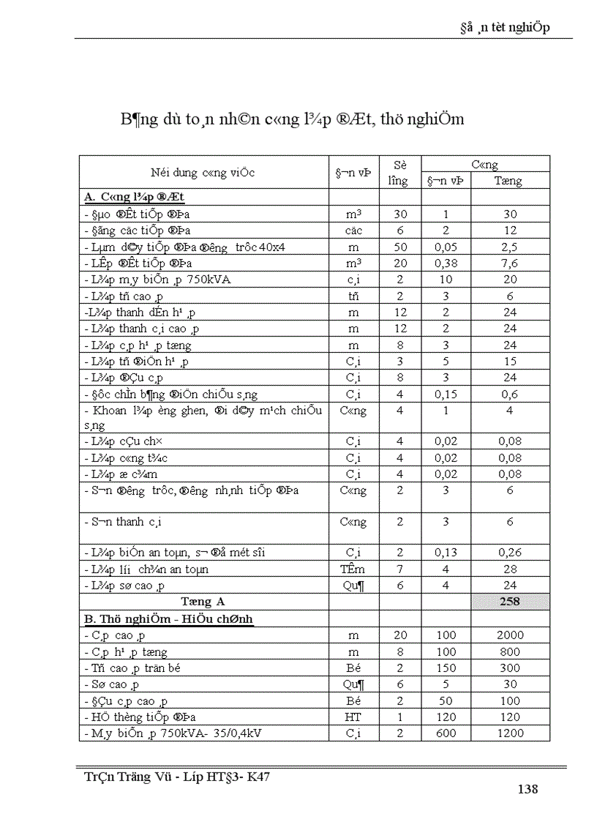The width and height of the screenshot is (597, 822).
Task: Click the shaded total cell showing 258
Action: [x=510, y=601]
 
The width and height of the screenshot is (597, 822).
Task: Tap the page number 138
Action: [x=527, y=788]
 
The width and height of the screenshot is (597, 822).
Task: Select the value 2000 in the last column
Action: [x=510, y=635]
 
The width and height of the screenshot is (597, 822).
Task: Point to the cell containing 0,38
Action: [x=446, y=263]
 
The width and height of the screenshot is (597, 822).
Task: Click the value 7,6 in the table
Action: [x=510, y=263]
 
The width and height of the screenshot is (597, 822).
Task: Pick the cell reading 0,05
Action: [x=446, y=247]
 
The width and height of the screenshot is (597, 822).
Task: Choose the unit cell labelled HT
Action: [x=353, y=717]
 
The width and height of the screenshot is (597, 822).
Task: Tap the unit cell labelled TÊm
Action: [x=353, y=569]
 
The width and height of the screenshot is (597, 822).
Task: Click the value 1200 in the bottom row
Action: [x=510, y=733]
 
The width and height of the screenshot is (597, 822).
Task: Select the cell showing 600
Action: [x=446, y=733]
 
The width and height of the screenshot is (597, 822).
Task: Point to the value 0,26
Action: [x=510, y=553]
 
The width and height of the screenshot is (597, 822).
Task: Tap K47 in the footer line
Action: [x=256, y=777]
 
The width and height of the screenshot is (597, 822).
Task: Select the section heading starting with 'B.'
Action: [x=168, y=619]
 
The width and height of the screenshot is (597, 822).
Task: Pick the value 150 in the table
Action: [x=446, y=668]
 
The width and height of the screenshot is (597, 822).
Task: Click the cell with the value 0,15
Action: [x=446, y=394]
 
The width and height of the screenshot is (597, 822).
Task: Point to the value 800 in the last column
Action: [x=510, y=651]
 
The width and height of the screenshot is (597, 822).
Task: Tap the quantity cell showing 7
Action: [x=399, y=569]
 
